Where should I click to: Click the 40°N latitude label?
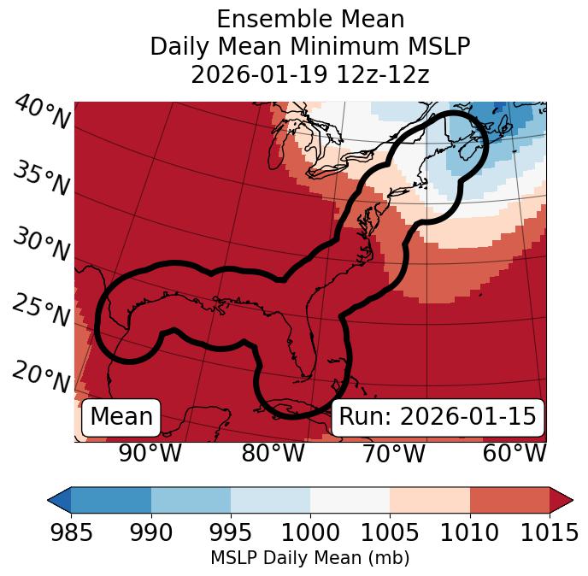click(x=40, y=114)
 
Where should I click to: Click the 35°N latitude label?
click(x=40, y=179)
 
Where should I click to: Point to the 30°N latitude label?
click(x=40, y=245)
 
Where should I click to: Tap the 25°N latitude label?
click(x=40, y=311)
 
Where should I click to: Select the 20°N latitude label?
click(x=40, y=376)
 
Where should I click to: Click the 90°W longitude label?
click(x=150, y=453)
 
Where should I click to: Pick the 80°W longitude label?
click(x=273, y=453)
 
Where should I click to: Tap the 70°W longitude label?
click(x=393, y=453)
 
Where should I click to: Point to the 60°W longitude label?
click(x=514, y=453)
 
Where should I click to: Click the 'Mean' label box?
click(x=121, y=417)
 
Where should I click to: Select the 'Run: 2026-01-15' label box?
click(x=438, y=417)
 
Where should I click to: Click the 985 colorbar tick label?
click(x=71, y=533)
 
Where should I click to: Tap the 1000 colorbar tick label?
click(x=310, y=533)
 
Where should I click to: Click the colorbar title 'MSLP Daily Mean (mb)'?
click(x=310, y=559)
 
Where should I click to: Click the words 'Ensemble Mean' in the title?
click(x=310, y=19)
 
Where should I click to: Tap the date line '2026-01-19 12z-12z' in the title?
click(x=310, y=74)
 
